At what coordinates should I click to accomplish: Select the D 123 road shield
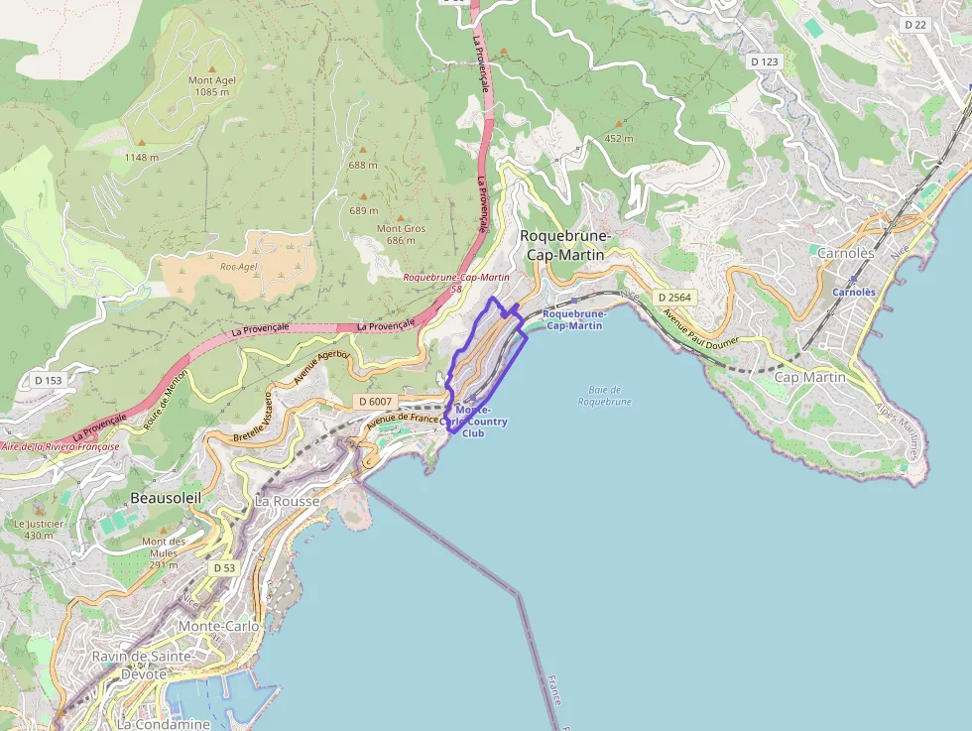[x=765, y=61]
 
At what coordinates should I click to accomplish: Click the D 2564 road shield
[x=674, y=298]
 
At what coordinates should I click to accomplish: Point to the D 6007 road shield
[x=375, y=401]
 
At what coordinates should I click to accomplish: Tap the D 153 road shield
[x=48, y=380]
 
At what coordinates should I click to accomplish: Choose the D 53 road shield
[x=224, y=567]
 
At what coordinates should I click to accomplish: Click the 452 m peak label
[x=618, y=138]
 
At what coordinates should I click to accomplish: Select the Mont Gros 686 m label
[x=401, y=234]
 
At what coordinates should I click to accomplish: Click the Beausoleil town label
[x=166, y=497]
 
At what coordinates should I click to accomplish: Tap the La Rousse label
[x=288, y=502]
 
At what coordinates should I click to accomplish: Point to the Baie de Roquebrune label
[x=604, y=396]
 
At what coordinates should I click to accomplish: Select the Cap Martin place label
[x=809, y=377]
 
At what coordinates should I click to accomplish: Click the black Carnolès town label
[x=845, y=253]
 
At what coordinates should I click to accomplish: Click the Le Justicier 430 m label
[x=39, y=529]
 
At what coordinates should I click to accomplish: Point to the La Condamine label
[x=164, y=724]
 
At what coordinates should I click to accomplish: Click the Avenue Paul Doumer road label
[x=702, y=330]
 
